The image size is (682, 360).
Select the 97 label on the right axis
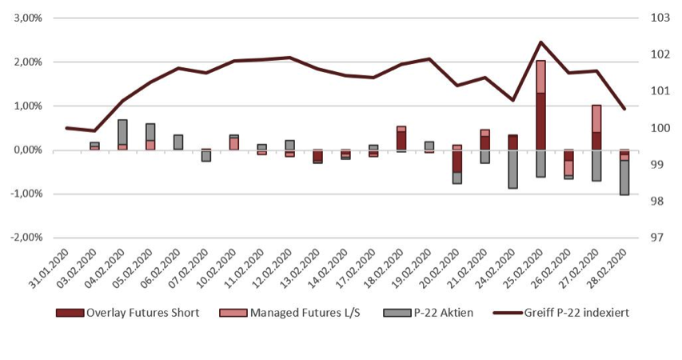point(655,238)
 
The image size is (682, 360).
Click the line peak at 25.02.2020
point(541,42)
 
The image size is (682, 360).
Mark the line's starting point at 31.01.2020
point(67,127)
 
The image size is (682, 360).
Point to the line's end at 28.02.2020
point(624,109)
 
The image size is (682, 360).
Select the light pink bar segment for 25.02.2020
point(541,77)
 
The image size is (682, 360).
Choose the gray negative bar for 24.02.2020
point(513,169)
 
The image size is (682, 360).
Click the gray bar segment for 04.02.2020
point(122,132)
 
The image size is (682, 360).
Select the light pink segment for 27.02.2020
point(596,118)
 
